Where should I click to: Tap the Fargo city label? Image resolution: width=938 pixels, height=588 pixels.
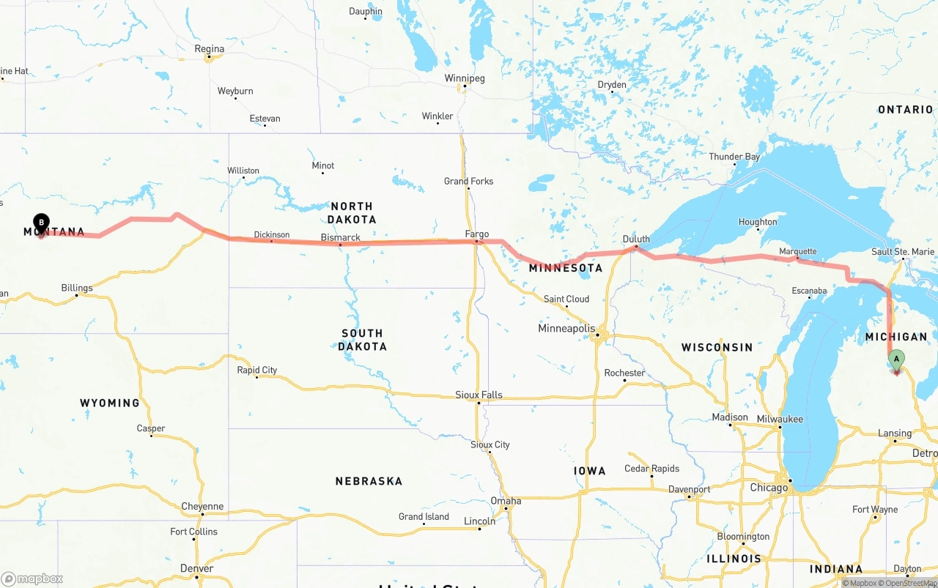point(476,234)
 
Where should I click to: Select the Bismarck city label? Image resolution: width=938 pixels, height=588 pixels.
point(341,237)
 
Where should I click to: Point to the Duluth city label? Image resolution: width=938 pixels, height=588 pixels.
point(636,239)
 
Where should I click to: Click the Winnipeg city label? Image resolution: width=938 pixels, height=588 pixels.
point(465,78)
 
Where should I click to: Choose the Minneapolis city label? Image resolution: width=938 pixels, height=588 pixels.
point(566,328)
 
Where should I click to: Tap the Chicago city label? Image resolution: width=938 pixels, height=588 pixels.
point(769,488)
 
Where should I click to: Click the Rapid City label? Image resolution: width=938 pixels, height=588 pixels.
point(257,370)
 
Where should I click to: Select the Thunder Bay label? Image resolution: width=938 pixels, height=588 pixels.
point(734,157)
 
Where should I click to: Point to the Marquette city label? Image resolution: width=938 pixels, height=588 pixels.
point(797,251)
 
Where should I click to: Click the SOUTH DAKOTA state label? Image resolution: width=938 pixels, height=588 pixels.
point(362,340)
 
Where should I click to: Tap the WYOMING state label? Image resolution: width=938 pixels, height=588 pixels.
point(110,403)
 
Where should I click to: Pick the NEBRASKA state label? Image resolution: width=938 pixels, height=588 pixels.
point(369,481)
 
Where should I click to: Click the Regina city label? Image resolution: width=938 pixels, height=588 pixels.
point(209,49)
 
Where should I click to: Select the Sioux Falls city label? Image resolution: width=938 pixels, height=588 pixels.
point(479,395)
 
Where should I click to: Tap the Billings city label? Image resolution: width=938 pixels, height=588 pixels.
point(77,288)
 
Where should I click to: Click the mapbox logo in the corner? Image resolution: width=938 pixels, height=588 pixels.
point(32,578)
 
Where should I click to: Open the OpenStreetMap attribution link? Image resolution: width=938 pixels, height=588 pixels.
point(909,583)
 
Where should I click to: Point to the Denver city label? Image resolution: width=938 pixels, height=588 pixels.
point(196,568)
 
